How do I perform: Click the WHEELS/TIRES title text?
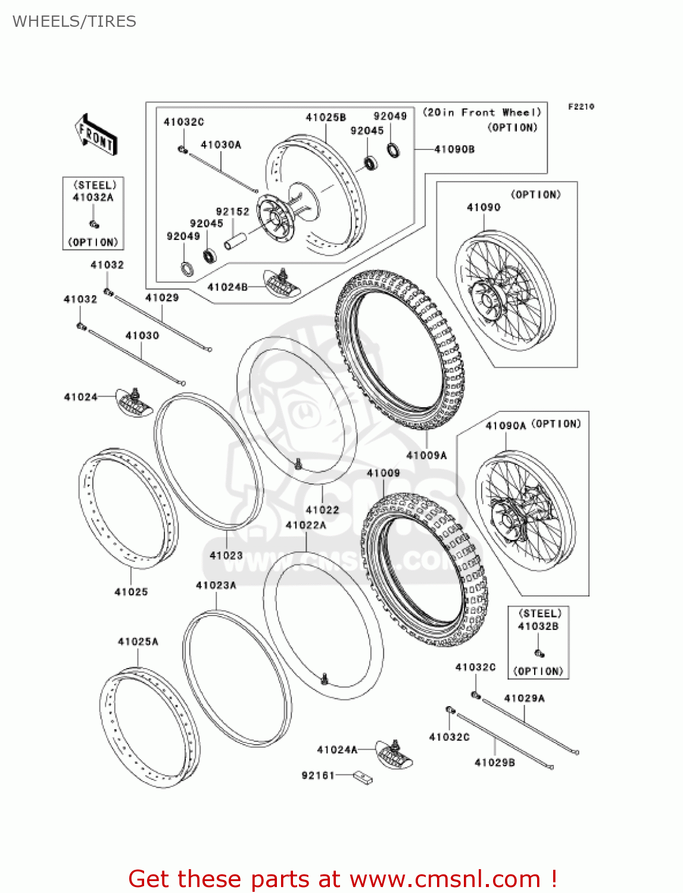coord(74,21)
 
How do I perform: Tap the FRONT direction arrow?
coord(96,135)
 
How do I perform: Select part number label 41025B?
coord(326,117)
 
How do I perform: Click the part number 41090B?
coord(454,149)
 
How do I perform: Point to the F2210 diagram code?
coord(581,107)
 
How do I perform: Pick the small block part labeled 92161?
coord(362,777)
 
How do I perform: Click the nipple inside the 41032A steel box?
coord(93,224)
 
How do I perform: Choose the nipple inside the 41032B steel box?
coord(539,653)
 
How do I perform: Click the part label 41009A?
coord(426,455)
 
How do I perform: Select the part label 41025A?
coord(138,642)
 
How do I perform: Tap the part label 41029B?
coord(494,763)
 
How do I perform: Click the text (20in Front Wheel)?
coord(482,113)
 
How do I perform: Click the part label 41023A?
coord(216,585)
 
